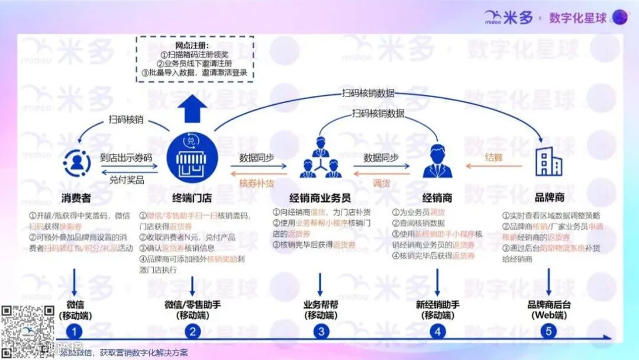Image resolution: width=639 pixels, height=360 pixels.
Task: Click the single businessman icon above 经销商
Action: click(438, 160)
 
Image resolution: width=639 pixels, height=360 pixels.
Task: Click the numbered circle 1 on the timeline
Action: click(75, 332)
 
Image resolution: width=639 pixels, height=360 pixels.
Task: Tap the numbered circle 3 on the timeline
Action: click(321, 332)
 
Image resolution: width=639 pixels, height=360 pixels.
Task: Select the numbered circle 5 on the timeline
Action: click(548, 332)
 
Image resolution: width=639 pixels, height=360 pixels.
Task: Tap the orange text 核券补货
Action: click(257, 183)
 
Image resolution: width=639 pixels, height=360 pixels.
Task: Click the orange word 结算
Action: click(494, 157)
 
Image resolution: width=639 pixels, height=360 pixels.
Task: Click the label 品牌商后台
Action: click(549, 305)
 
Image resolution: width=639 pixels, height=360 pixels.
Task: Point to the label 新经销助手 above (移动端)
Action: click(438, 305)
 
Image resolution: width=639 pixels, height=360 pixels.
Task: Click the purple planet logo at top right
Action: click(619, 17)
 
